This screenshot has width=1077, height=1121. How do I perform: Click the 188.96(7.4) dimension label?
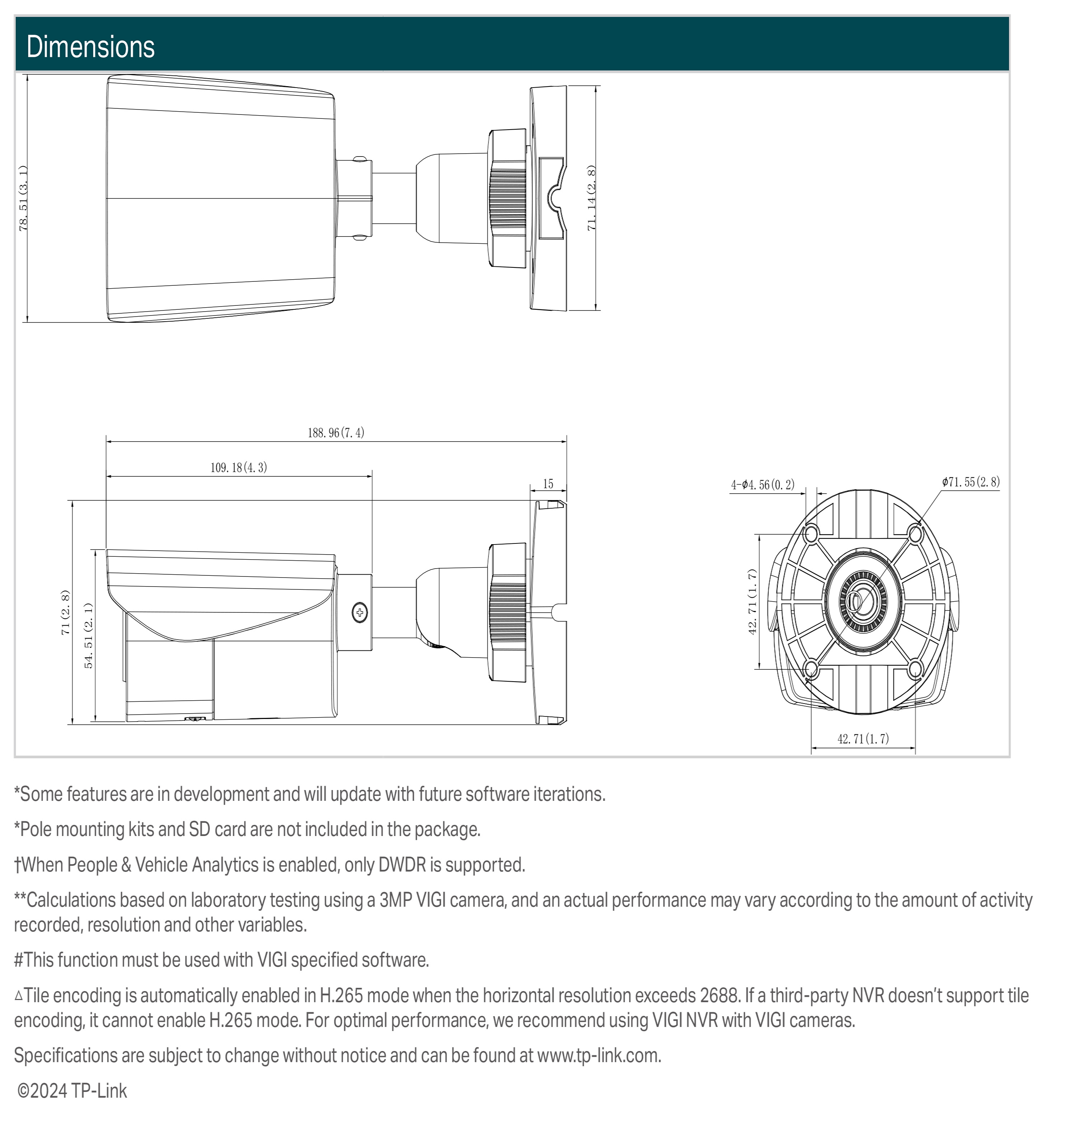pyautogui.click(x=336, y=433)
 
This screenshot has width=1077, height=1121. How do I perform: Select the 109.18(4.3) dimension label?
pyautogui.click(x=238, y=468)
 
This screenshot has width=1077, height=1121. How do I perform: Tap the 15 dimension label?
pyautogui.click(x=548, y=484)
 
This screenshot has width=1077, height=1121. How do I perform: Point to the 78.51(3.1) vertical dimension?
pyautogui.click(x=23, y=198)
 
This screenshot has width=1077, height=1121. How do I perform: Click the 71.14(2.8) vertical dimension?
pyautogui.click(x=591, y=198)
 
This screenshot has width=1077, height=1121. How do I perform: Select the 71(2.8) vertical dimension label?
pyautogui.click(x=65, y=612)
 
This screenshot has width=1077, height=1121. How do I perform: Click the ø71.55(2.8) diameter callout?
pyautogui.click(x=971, y=482)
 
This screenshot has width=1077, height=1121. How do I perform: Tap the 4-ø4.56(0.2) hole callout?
pyautogui.click(x=763, y=485)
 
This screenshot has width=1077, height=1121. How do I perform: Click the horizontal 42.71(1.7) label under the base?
pyautogui.click(x=863, y=739)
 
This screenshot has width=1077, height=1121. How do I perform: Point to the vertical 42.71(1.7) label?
pyautogui.click(x=752, y=602)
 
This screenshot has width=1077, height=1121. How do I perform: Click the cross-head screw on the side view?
pyautogui.click(x=360, y=612)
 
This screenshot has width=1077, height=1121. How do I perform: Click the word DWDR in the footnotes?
pyautogui.click(x=402, y=865)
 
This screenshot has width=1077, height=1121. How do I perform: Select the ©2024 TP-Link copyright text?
pyautogui.click(x=72, y=1091)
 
